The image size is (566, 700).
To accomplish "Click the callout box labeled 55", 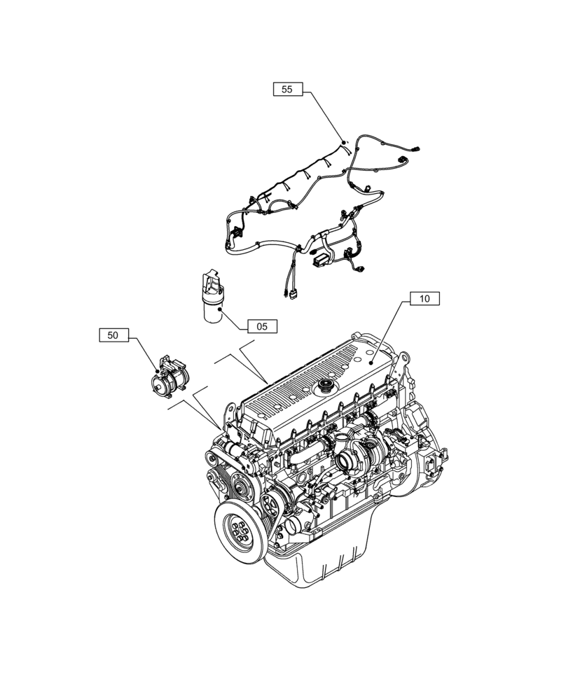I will [287, 89].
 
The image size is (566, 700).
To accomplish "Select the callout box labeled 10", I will [424, 299].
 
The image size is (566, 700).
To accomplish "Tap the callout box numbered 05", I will [261, 325].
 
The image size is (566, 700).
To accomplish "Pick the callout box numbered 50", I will [113, 335].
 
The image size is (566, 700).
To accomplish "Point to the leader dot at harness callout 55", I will [343, 142].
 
